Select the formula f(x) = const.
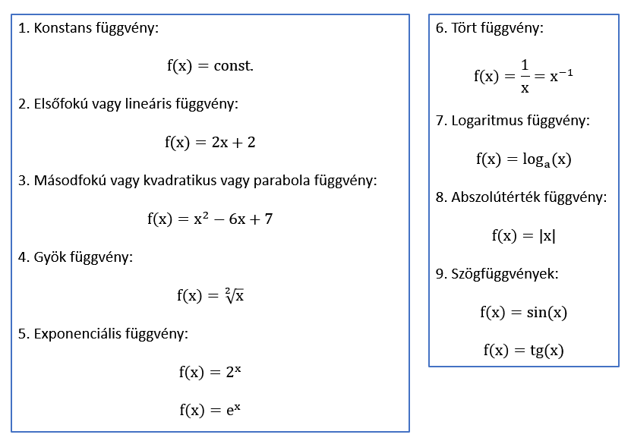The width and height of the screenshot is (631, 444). pyautogui.click(x=210, y=66)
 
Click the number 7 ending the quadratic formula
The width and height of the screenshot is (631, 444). pyautogui.click(x=268, y=219)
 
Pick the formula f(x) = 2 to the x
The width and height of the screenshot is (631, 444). pyautogui.click(x=210, y=372)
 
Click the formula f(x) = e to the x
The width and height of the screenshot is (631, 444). pyautogui.click(x=210, y=410)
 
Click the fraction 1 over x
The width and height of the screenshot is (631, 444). pyautogui.click(x=524, y=77)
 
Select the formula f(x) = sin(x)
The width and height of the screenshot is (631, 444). pyautogui.click(x=523, y=312)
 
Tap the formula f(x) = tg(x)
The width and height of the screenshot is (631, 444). pyautogui.click(x=523, y=350)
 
